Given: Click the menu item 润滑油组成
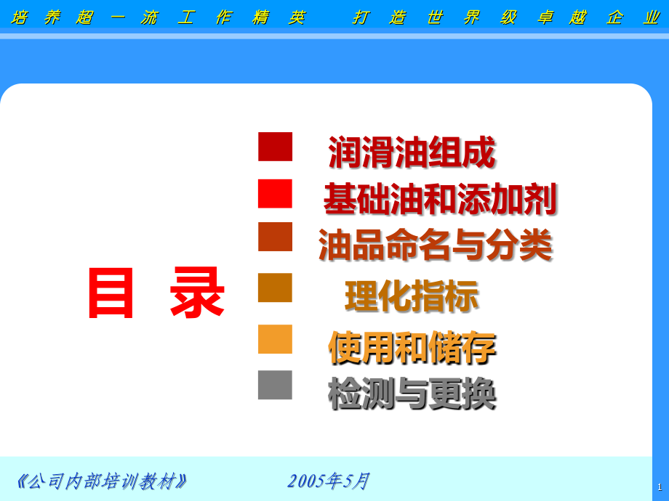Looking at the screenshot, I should click(x=412, y=152).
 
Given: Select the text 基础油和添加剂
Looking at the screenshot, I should click(x=440, y=199).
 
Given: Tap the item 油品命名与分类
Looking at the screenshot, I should click(x=436, y=245).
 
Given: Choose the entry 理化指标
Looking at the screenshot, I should click(x=412, y=296).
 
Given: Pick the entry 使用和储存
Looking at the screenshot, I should click(x=412, y=347).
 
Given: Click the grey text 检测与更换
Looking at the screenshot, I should click(x=412, y=394).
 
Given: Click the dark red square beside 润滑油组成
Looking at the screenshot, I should click(x=275, y=147).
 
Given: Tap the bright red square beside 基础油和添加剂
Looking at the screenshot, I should click(x=275, y=194).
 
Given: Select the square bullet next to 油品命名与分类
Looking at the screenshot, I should click(x=275, y=237).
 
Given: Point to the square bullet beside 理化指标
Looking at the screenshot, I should click(x=275, y=288).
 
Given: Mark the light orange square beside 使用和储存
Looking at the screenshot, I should click(x=275, y=339).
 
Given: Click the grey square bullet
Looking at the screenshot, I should click(x=275, y=385).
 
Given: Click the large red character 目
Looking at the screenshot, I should click(x=111, y=293).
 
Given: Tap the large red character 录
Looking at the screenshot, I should click(x=197, y=293).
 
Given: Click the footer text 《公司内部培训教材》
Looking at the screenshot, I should click(x=102, y=481).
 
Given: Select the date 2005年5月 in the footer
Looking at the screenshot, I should click(x=329, y=481).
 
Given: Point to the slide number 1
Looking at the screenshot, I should click(x=660, y=486).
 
